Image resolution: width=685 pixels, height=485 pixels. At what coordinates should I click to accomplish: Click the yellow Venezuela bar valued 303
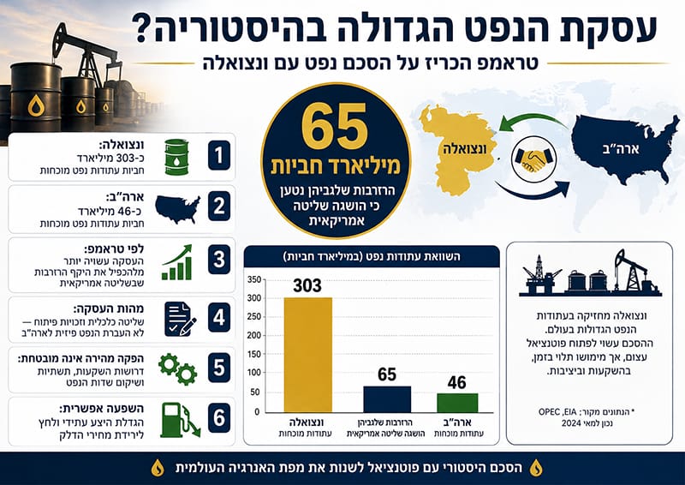pyautogui.click(x=308, y=355)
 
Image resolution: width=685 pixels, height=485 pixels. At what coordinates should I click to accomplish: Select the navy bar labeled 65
pyautogui.click(x=387, y=399)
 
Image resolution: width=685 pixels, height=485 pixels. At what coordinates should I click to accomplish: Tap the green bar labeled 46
pyautogui.click(x=457, y=403)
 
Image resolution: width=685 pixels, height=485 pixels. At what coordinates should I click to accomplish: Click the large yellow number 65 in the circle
pyautogui.click(x=334, y=128)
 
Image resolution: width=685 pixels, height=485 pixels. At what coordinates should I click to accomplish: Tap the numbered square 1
pyautogui.click(x=219, y=155)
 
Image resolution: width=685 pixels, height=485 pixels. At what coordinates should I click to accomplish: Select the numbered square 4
pyautogui.click(x=219, y=318)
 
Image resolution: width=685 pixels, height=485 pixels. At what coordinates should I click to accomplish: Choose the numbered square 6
pyautogui.click(x=219, y=417)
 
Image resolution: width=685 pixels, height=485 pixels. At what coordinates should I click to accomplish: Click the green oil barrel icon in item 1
pyautogui.click(x=176, y=157)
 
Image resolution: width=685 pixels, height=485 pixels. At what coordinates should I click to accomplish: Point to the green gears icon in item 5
pyautogui.click(x=178, y=369)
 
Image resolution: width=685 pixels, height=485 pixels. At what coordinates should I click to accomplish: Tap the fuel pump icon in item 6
pyautogui.click(x=180, y=420)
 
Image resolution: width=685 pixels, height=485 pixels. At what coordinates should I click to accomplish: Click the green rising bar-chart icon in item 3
pyautogui.click(x=177, y=262)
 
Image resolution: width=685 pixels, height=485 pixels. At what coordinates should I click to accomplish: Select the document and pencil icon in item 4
pyautogui.click(x=180, y=319)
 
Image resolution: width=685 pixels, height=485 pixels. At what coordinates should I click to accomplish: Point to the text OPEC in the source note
pyautogui.click(x=548, y=412)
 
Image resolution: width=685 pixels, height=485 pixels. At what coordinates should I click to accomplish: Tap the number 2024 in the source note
pyautogui.click(x=571, y=423)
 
